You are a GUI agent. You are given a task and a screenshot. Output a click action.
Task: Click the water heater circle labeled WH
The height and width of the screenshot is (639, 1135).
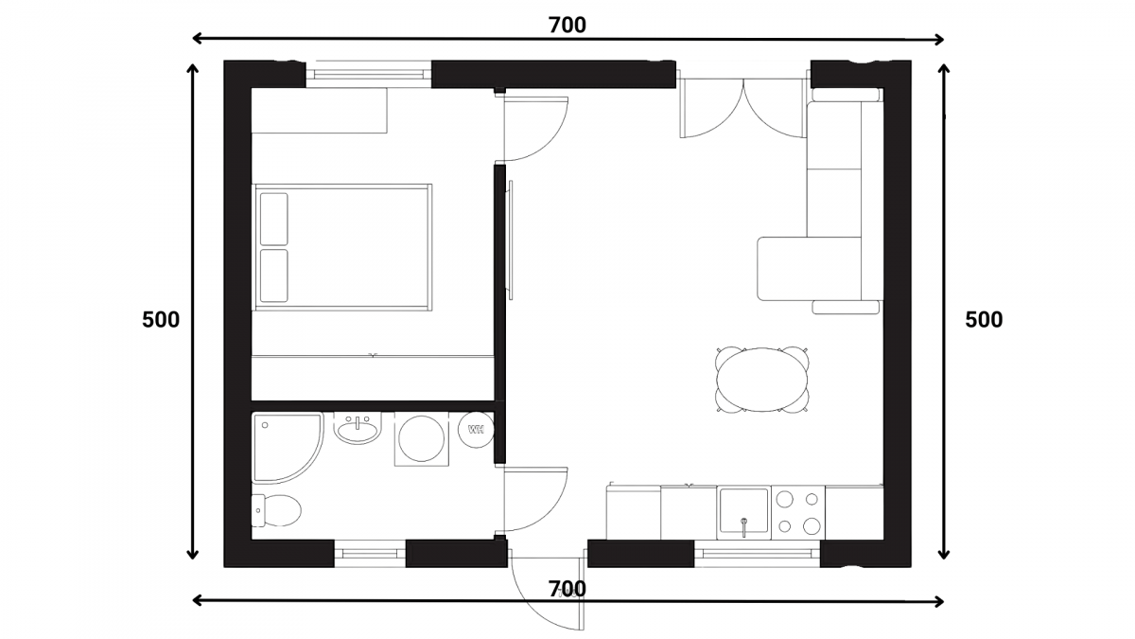pyautogui.click(x=476, y=429)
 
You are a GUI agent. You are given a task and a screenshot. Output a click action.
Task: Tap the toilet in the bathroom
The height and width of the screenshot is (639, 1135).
pyautogui.click(x=276, y=510)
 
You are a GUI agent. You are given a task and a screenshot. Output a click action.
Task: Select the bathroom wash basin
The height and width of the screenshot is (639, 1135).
pyautogui.click(x=358, y=429)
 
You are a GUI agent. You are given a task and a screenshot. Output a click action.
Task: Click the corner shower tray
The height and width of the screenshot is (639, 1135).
pyautogui.click(x=287, y=447)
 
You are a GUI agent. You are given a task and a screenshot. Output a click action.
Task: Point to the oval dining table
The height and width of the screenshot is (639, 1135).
pyautogui.click(x=762, y=380)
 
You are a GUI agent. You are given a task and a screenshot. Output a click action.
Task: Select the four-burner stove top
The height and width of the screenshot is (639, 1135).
pyautogui.click(x=798, y=512)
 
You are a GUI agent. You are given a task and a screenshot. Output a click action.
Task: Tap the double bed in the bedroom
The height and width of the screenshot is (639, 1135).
pyautogui.click(x=342, y=247)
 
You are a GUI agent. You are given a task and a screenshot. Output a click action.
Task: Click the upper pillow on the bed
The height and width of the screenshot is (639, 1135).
pyautogui.click(x=273, y=219)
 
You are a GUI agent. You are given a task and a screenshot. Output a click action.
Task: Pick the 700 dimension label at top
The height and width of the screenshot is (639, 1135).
pyautogui.click(x=567, y=25)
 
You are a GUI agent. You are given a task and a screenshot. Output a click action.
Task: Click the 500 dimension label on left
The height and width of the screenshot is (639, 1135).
pyautogui.click(x=161, y=320)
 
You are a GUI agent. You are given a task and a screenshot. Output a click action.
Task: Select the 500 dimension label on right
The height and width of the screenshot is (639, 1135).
pyautogui.click(x=984, y=320)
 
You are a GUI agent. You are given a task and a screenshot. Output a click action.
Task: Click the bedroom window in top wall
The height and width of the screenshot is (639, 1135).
pyautogui.click(x=368, y=75)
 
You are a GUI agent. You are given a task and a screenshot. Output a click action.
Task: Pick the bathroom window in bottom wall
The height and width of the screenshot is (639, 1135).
pyautogui.click(x=370, y=554)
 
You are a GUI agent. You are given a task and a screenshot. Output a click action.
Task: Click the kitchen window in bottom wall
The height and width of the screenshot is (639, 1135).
pyautogui.click(x=757, y=554)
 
